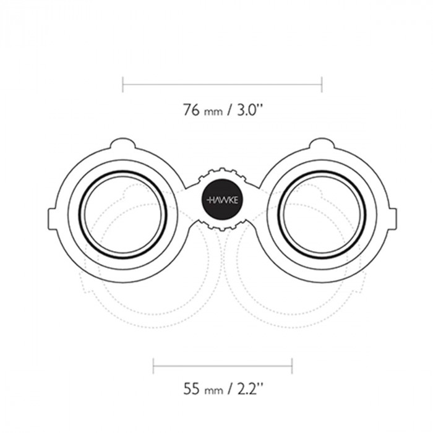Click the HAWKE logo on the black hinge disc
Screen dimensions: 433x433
[222, 200]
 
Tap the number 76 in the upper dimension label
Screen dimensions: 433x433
[191, 109]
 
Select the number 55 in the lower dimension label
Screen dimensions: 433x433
[191, 388]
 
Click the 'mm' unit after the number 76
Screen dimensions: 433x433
[213, 112]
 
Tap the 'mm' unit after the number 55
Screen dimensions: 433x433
[213, 391]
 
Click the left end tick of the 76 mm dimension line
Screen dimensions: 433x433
[123, 85]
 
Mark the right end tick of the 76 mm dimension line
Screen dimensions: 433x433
[322, 85]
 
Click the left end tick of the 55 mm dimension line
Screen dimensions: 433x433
[153, 366]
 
